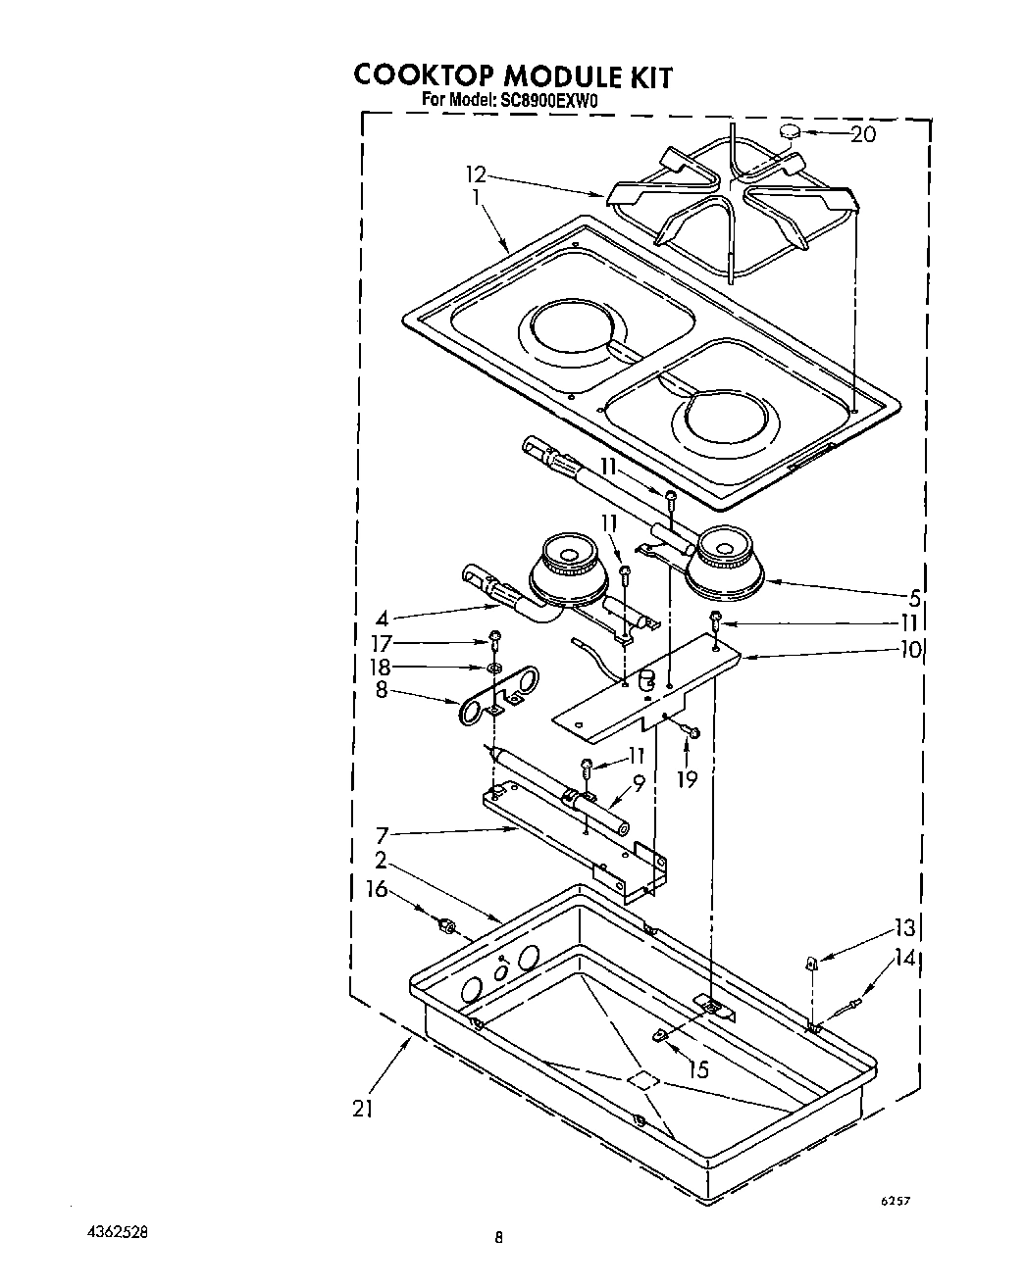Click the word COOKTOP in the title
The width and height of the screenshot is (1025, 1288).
pyautogui.click(x=424, y=76)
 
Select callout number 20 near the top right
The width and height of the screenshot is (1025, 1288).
pyautogui.click(x=862, y=134)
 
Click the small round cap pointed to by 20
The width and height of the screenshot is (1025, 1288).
pyautogui.click(x=791, y=132)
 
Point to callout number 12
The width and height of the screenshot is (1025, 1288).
pyautogui.click(x=476, y=175)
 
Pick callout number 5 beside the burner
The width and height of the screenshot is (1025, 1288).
pyautogui.click(x=914, y=595)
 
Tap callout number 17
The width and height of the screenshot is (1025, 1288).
pyautogui.click(x=381, y=644)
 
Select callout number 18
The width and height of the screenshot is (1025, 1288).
pyautogui.click(x=381, y=668)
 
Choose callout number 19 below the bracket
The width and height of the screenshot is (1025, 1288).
pyautogui.click(x=687, y=779)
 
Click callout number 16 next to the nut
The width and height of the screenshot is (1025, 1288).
pyautogui.click(x=378, y=890)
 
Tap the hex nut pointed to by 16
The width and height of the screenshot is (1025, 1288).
pyautogui.click(x=444, y=923)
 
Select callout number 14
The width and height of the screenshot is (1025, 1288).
pyautogui.click(x=904, y=959)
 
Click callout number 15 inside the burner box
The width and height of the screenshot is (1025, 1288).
pyautogui.click(x=698, y=1069)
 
